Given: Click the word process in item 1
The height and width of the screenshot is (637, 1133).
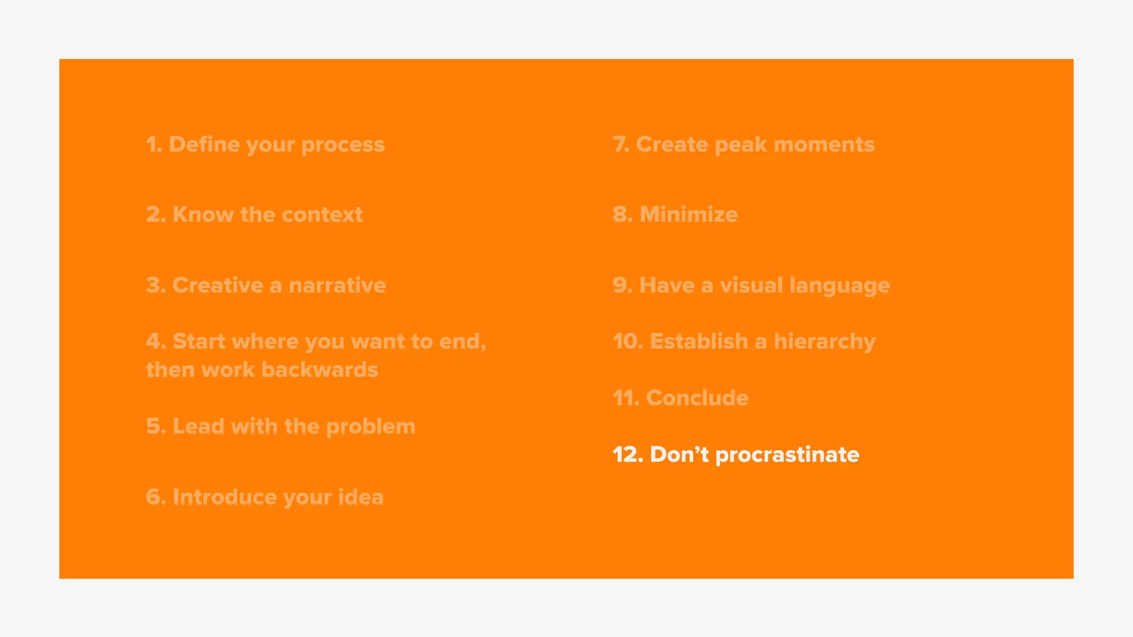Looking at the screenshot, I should click(x=342, y=145).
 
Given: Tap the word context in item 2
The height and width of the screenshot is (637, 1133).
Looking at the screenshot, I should click(x=322, y=215).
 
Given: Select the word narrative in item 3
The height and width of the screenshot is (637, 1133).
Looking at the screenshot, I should click(x=337, y=285).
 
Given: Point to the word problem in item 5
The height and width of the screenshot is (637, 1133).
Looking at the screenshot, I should click(x=370, y=427).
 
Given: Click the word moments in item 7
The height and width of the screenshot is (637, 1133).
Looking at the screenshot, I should click(x=824, y=144).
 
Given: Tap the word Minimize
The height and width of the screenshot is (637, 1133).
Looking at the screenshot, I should click(x=688, y=215).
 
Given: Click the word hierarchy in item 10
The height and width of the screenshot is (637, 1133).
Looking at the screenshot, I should click(x=824, y=342).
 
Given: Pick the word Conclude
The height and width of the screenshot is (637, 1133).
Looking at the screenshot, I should click(x=697, y=398).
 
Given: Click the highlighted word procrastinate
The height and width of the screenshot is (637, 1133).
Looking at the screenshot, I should click(x=787, y=456).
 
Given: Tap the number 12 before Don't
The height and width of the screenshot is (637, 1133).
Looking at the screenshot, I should click(x=627, y=455).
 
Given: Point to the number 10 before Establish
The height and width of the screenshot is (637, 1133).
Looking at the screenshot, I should click(x=627, y=342).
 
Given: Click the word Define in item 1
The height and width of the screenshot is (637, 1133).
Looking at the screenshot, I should click(x=204, y=144).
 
